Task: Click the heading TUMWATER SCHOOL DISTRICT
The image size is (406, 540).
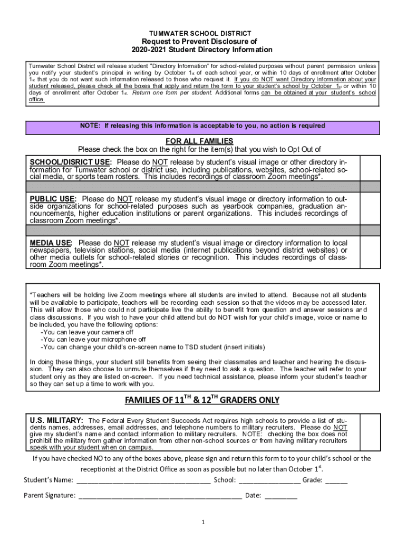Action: click(202, 33)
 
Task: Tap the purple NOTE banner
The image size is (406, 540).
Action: click(202, 126)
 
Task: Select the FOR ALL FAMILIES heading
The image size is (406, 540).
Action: click(199, 141)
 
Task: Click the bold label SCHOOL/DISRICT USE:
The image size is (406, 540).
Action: click(70, 162)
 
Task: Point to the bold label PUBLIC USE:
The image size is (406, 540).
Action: click(53, 199)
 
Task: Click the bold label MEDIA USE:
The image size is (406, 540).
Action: click(52, 243)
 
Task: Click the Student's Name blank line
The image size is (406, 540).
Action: click(143, 480)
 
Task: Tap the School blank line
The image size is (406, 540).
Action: click(269, 480)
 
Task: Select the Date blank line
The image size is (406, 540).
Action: click(281, 496)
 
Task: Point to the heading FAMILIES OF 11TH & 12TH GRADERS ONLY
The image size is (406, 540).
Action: click(202, 400)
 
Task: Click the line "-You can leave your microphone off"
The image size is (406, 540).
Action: click(93, 340)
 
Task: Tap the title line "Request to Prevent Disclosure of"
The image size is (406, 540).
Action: click(202, 42)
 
